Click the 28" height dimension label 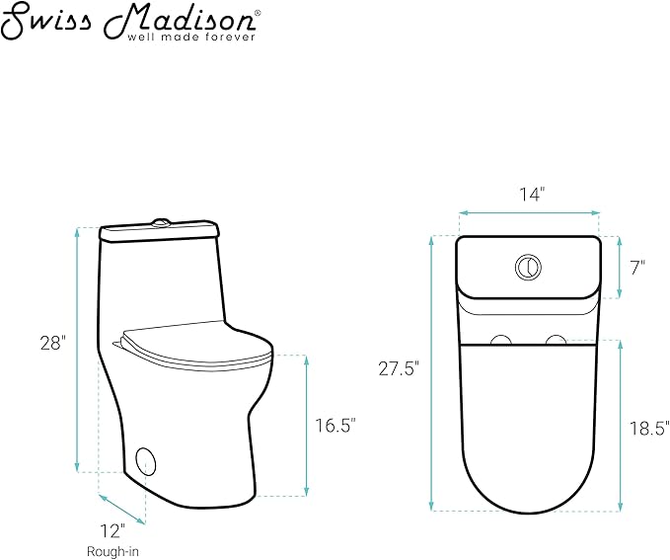pyautogui.click(x=53, y=343)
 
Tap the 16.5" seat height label pyautogui.click(x=335, y=426)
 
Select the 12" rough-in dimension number pyautogui.click(x=112, y=531)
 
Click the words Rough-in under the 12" pyautogui.click(x=112, y=551)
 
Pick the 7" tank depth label pyautogui.click(x=637, y=269)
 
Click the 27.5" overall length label pyautogui.click(x=397, y=368)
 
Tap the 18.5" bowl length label pyautogui.click(x=649, y=428)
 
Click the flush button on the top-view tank pyautogui.click(x=529, y=267)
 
